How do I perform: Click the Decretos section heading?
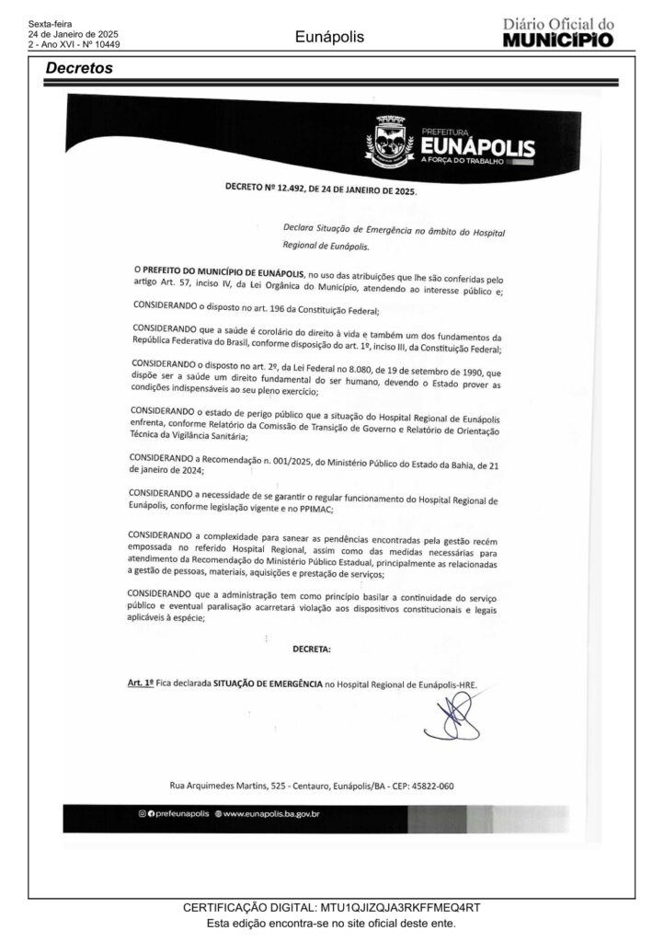(x=79, y=68)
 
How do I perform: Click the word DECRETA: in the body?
(x=312, y=649)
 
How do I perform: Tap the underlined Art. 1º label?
(x=140, y=684)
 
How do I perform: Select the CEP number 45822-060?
(x=428, y=787)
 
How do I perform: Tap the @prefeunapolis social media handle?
(x=174, y=815)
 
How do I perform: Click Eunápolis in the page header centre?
(x=330, y=37)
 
